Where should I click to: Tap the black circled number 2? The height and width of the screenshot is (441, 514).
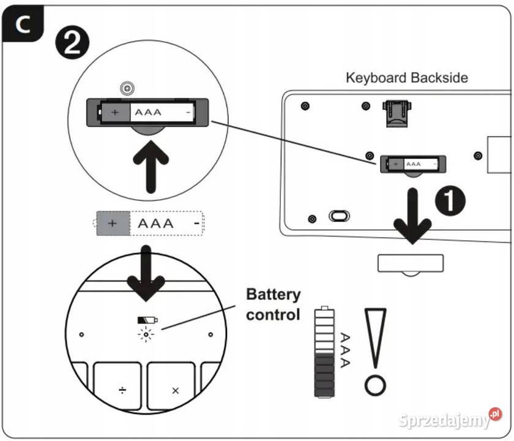[x=72, y=44]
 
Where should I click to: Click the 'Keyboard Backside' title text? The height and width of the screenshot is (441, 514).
[x=406, y=78]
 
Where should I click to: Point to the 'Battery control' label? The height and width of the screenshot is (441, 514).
[x=273, y=304]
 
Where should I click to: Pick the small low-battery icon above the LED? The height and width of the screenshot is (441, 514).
[x=147, y=320]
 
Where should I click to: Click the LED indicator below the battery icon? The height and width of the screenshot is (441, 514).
[x=146, y=334]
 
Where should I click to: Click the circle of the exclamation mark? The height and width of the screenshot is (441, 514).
[x=374, y=385]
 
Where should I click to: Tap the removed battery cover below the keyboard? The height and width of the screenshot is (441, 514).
[x=411, y=263]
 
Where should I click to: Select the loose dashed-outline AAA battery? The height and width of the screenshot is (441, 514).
[x=149, y=224]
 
